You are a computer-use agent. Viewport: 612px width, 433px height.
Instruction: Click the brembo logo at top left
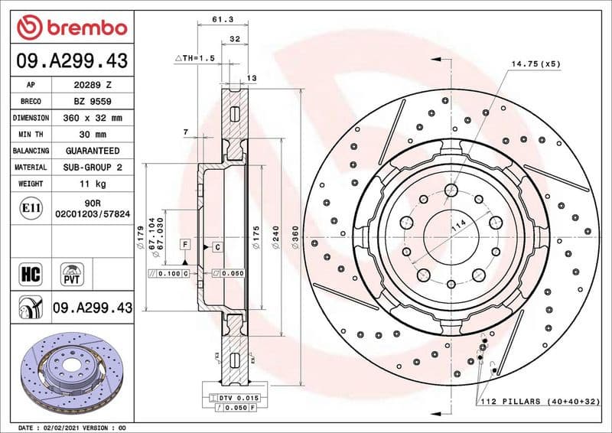coord(71,28)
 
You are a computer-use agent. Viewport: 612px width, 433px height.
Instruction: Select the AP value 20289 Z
coord(93,85)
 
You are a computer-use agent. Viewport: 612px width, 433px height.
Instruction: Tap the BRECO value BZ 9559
coord(93,102)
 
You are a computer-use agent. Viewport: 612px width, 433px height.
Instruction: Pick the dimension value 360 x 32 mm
coord(93,119)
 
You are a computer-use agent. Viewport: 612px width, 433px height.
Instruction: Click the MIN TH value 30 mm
coord(93,135)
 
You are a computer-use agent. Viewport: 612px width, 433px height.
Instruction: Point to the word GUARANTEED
coord(93,151)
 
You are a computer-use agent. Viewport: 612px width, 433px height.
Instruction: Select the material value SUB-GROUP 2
coord(93,168)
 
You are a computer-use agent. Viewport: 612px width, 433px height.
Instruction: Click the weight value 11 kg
coord(93,184)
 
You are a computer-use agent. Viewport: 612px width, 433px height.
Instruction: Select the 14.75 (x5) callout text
coord(536,63)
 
